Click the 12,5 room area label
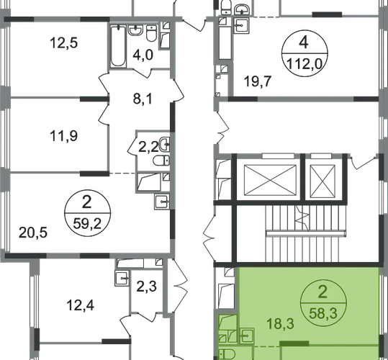click(x=63, y=42)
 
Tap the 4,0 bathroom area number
click(x=143, y=55)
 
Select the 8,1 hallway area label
click(x=143, y=99)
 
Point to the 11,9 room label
click(x=63, y=136)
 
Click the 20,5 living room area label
click(x=33, y=233)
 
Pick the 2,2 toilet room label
click(x=148, y=147)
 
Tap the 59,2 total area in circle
click(x=87, y=224)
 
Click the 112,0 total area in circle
click(x=304, y=65)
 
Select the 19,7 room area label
click(x=258, y=81)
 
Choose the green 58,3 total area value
click(x=323, y=314)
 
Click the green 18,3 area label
click(x=280, y=324)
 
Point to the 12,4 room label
click(x=81, y=305)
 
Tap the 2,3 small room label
click(x=147, y=287)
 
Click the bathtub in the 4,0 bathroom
click(x=118, y=46)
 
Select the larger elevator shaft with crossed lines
click(x=270, y=180)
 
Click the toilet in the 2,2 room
click(x=161, y=161)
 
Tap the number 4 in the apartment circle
click(x=304, y=42)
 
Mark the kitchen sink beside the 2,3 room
click(x=122, y=278)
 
